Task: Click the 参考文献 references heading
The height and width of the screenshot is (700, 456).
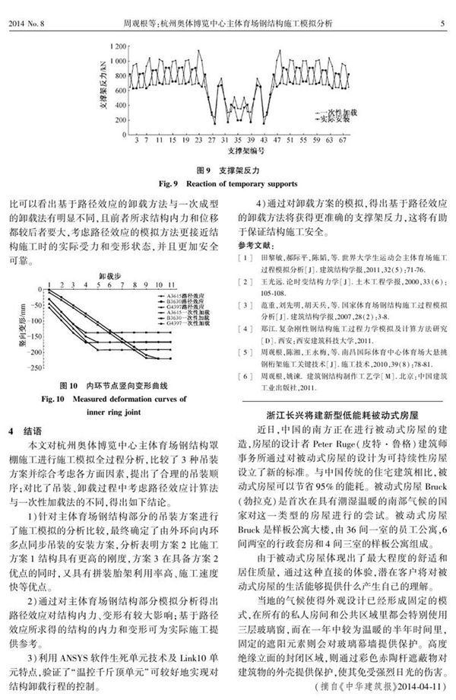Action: tap(253, 247)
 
